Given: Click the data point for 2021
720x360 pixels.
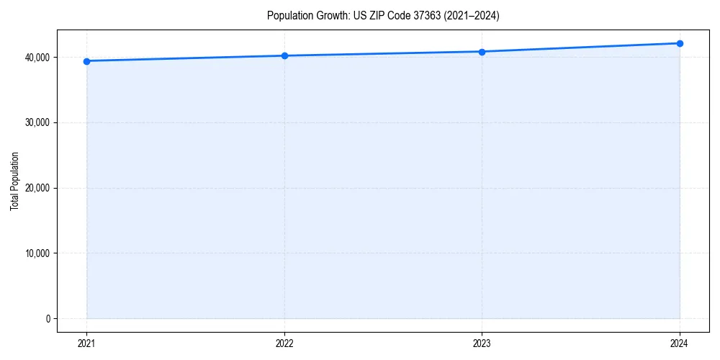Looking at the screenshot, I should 86,61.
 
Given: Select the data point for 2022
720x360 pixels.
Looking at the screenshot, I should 284,55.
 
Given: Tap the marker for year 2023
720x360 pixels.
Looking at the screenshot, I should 482,52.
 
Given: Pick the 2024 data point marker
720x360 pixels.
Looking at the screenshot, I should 680,43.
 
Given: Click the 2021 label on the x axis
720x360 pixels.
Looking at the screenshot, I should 86,343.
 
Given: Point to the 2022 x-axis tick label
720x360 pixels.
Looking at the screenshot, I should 284,343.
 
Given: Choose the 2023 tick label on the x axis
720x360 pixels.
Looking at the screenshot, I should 482,343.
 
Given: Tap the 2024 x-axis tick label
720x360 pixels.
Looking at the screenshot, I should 680,343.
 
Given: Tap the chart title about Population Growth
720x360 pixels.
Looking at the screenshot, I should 382,15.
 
